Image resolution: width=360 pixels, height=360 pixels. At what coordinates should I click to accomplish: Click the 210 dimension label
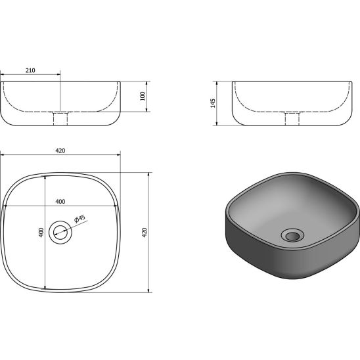[30, 70]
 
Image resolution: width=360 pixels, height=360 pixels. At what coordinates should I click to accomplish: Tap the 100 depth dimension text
[143, 96]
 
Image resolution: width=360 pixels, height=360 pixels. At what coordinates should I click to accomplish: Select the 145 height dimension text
[213, 103]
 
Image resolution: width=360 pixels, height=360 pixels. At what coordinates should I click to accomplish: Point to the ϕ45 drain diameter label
[79, 219]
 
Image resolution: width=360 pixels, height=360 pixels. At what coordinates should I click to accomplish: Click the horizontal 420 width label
[60, 150]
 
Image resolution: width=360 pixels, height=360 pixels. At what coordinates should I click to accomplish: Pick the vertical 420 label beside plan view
[144, 233]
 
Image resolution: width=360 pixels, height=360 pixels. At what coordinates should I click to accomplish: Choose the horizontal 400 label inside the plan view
[60, 202]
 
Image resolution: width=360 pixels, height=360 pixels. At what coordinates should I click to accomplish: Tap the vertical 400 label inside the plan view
[41, 233]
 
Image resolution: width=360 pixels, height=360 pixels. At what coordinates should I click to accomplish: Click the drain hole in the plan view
[60, 233]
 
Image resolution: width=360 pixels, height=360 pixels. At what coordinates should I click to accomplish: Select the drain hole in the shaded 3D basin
[292, 235]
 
